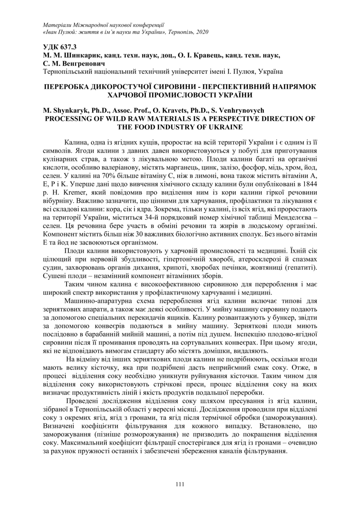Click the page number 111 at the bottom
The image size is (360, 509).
pyautogui.click(x=179, y=484)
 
